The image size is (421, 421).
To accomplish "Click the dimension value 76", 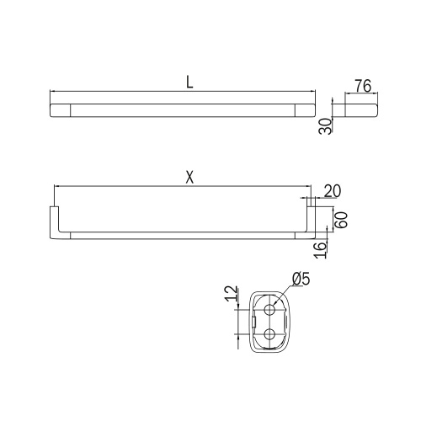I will [364, 86].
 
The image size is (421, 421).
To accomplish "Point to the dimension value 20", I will [331, 192].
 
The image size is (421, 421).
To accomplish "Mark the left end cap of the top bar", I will [61, 109].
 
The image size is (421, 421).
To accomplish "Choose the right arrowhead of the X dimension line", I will [308, 184].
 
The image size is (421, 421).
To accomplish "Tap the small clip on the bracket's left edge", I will [251, 321].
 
